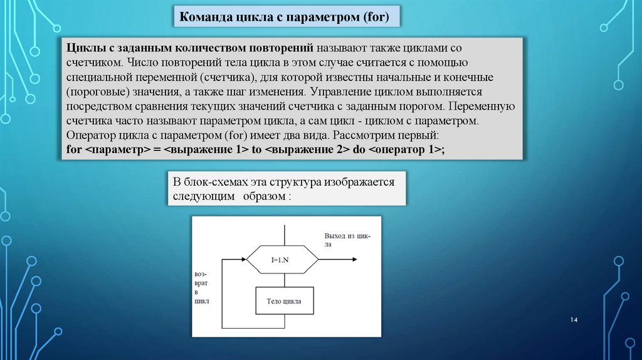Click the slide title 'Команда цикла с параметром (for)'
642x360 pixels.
(x=285, y=18)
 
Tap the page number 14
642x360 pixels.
(x=573, y=320)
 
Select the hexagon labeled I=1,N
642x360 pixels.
(x=280, y=258)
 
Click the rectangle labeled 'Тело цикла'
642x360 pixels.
(x=284, y=301)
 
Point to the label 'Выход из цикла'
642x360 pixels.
(x=347, y=240)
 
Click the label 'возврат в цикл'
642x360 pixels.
(x=202, y=289)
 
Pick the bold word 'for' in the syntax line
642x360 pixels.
(x=73, y=150)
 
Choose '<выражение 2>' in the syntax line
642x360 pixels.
(x=301, y=150)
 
